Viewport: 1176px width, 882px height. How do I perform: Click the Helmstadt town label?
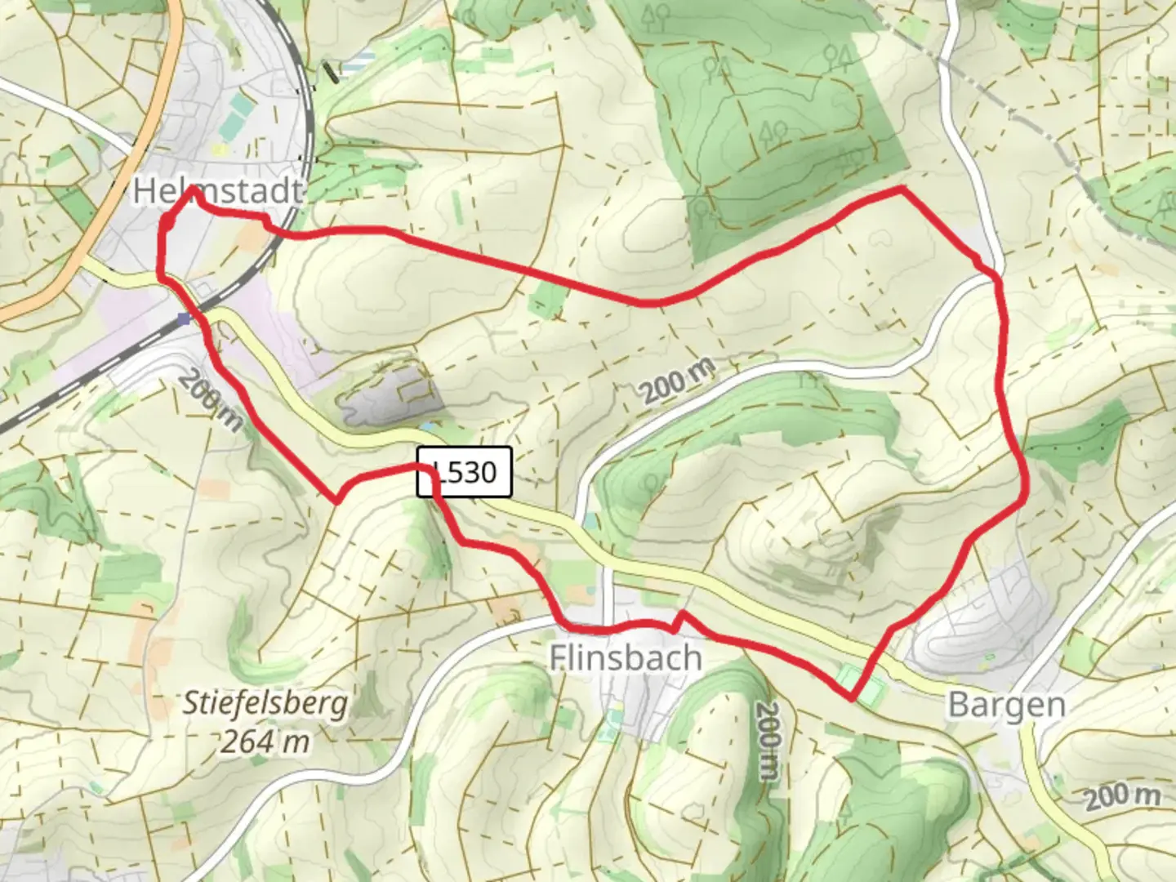217,191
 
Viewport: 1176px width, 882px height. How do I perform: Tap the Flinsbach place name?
625,657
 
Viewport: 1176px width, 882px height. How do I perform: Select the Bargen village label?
1006,705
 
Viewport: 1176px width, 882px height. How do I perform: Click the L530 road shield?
465,472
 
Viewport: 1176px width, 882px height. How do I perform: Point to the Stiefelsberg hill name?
265,703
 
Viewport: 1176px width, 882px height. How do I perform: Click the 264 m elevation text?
265,742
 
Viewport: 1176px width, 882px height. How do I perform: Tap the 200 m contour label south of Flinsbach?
768,741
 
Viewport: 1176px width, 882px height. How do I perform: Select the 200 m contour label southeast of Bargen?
1122,795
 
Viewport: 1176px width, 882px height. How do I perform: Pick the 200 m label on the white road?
678,381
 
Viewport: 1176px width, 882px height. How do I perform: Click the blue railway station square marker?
185,318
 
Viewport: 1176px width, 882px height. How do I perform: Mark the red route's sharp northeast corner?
902,189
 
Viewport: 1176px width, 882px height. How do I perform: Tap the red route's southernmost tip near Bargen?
851,699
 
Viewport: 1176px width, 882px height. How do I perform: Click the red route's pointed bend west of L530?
336,501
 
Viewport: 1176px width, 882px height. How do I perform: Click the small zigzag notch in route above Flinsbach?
677,621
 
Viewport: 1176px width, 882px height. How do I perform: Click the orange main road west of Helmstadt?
122,204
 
